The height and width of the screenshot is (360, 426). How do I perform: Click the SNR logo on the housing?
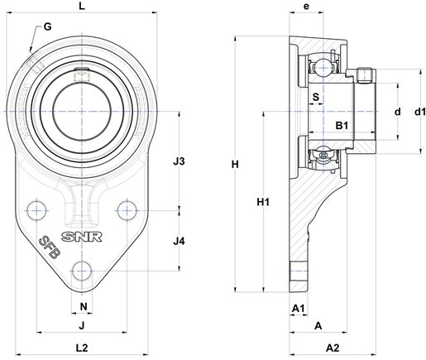point(82,237)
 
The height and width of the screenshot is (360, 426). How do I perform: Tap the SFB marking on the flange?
point(50,247)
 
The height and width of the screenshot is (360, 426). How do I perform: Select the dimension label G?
point(48,26)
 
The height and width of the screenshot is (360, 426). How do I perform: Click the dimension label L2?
point(82,348)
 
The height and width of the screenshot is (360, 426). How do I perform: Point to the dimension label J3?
point(179,161)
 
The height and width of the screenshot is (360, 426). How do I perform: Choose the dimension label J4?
point(179,242)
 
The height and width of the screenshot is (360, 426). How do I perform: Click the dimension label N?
point(84,306)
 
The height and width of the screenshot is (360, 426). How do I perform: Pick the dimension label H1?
point(263,202)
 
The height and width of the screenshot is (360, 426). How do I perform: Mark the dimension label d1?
point(420,112)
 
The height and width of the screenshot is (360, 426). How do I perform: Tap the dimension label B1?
point(342,126)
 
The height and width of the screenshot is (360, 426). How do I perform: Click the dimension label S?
point(316,97)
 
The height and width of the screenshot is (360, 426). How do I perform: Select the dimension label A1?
point(298,308)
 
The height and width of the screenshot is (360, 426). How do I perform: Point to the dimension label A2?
point(333,348)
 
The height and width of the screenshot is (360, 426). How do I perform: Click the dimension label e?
point(306,7)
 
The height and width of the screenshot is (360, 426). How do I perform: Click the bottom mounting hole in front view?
point(82,271)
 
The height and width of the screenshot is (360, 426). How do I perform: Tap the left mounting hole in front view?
point(36,211)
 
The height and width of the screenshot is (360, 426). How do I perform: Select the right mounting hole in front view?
point(127,211)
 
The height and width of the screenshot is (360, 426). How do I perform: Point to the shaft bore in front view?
point(82,112)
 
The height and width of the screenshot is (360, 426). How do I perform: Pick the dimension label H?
point(235,165)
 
